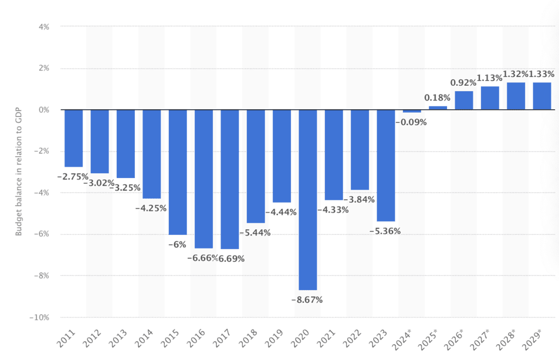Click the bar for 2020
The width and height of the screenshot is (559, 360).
coord(308,199)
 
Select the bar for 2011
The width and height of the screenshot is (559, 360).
coord(73,138)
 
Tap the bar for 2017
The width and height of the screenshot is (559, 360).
coord(230,179)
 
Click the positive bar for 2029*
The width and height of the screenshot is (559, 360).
coord(542,96)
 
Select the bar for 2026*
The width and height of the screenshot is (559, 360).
coord(464,101)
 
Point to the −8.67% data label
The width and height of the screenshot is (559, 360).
coord(307,299)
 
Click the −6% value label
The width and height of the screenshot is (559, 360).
coord(177,244)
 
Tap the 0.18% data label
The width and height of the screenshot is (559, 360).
coord(437,98)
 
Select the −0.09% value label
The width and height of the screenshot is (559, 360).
coord(411,122)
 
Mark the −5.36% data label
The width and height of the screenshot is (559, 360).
coord(385,231)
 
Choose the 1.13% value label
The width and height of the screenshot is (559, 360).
coord(490,78)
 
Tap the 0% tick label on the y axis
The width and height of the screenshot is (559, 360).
coord(45,110)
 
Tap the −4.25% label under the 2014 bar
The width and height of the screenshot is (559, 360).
coord(151,208)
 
